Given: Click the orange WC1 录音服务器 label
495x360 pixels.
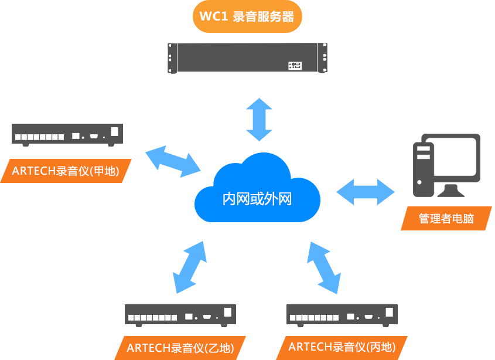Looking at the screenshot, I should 247,16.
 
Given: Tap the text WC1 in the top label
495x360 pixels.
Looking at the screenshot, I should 213,16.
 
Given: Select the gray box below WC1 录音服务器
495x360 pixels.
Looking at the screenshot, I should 247,59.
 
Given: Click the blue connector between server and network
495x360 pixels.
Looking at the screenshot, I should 259,120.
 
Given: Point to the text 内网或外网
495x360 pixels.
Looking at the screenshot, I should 257,199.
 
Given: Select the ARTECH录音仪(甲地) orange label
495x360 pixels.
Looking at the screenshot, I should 66,171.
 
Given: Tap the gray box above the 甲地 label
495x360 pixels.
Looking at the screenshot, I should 67,135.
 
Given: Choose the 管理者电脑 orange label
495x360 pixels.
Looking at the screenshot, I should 446,219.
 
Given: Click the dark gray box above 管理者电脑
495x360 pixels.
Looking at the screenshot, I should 446,165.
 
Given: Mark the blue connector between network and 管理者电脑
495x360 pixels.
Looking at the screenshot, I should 365,192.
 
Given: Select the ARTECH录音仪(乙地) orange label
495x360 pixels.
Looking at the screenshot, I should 180,348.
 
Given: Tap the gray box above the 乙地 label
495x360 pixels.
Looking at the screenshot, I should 180,315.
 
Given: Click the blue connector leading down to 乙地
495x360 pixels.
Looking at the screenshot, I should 189,267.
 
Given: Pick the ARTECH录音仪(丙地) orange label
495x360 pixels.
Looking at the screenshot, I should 342,347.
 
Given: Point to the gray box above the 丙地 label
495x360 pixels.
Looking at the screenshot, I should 342,315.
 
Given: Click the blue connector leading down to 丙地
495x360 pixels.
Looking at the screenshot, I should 324,267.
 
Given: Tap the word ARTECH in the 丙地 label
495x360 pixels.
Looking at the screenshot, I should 310,347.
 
